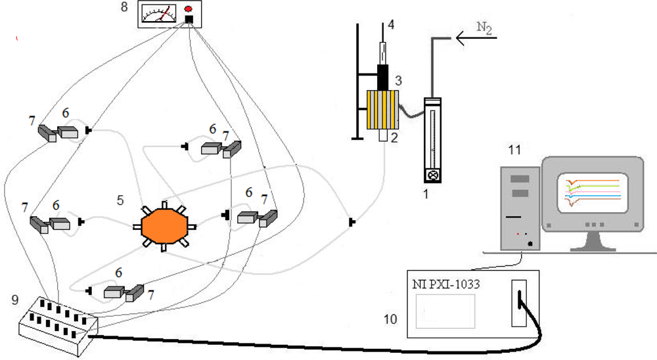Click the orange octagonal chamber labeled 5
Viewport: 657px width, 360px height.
(164, 225)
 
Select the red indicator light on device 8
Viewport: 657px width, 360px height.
(189, 9)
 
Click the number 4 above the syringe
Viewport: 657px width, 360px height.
(391, 26)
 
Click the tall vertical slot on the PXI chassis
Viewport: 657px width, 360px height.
(520, 303)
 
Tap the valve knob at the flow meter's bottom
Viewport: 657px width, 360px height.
(433, 175)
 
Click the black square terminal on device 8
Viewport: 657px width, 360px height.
(189, 20)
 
